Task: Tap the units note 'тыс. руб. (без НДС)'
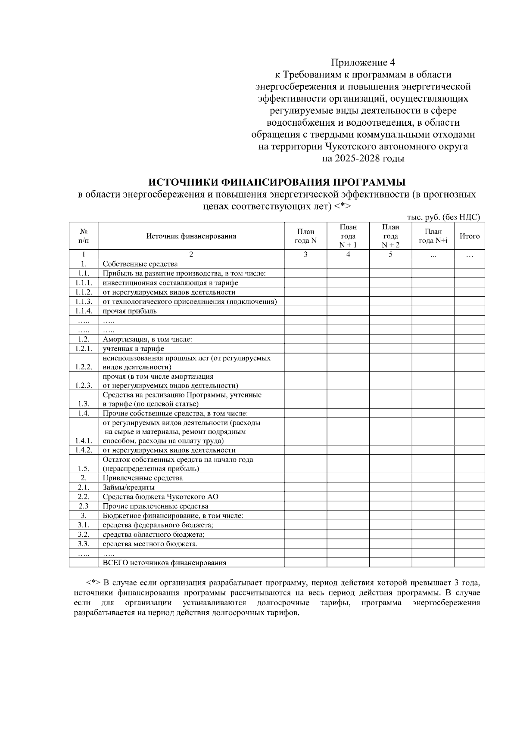[x=443, y=217]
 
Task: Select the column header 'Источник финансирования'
[x=191, y=236]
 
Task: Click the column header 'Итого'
[x=470, y=236]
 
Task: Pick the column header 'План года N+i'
[x=433, y=236]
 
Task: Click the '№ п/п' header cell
[x=84, y=236]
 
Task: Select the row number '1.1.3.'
[x=84, y=301]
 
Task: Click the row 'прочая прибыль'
[x=130, y=311]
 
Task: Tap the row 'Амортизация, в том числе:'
[x=147, y=339]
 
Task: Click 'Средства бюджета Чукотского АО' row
[x=163, y=497]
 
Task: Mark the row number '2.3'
[x=84, y=506]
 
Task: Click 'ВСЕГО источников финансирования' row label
[x=164, y=563]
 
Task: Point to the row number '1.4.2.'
[x=84, y=450]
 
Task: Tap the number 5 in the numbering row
[x=390, y=254]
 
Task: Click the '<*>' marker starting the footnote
[x=93, y=583]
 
